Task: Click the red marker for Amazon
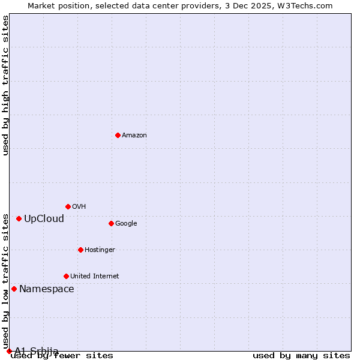(118, 135)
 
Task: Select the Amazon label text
(134, 136)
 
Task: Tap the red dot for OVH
(68, 206)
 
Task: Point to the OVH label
(79, 207)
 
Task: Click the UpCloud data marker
(19, 218)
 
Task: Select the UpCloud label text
(44, 218)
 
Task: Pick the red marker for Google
(111, 223)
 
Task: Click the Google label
(126, 224)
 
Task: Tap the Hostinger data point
(80, 250)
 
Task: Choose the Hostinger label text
(100, 250)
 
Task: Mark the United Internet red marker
(66, 276)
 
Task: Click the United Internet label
(95, 277)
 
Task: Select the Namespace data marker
(14, 289)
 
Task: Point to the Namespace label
(47, 289)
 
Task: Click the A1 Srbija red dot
(9, 351)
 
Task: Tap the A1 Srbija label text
(37, 351)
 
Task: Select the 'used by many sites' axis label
(301, 356)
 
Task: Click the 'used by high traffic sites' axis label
(5, 85)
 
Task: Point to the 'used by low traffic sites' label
(5, 281)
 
